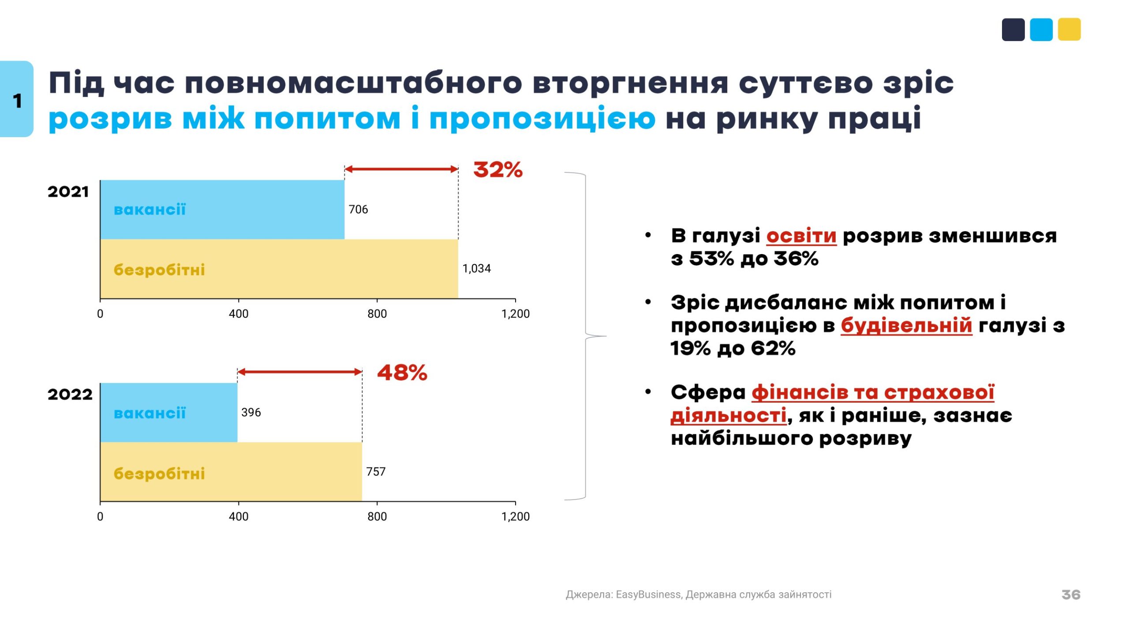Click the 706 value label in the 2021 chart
click(358, 209)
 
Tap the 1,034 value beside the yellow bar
click(476, 268)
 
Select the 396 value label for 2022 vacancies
click(251, 412)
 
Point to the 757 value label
click(376, 471)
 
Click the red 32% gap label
click(497, 169)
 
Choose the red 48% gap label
click(402, 373)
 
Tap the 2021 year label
click(68, 192)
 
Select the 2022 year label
click(70, 394)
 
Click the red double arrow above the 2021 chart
click(401, 169)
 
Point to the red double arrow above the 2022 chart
click(299, 372)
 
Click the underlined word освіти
click(801, 236)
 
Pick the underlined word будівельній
click(906, 325)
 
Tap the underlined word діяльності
click(728, 415)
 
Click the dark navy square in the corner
click(1013, 30)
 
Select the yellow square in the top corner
click(1069, 30)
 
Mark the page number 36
click(1071, 594)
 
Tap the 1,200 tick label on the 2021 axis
click(515, 314)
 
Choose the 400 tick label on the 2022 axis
click(239, 516)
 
